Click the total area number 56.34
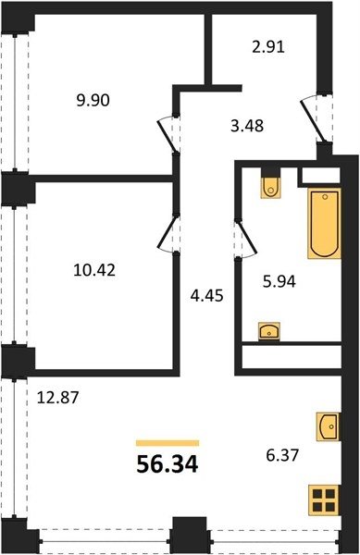coord(168,464)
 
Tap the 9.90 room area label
coord(93,101)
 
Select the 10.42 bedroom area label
coord(94,271)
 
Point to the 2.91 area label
coord(268,47)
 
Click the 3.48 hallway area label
coord(247,126)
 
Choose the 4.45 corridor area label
coord(206,296)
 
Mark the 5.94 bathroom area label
coord(279,282)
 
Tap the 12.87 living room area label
coord(57,398)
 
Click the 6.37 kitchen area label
coord(282,455)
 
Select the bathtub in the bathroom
coord(324,223)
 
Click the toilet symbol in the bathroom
coord(271,188)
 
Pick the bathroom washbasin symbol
coord(269,331)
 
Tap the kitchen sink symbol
coord(328,426)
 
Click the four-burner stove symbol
coord(324,500)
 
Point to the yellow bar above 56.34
coord(168,443)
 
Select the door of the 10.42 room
coord(168,233)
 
